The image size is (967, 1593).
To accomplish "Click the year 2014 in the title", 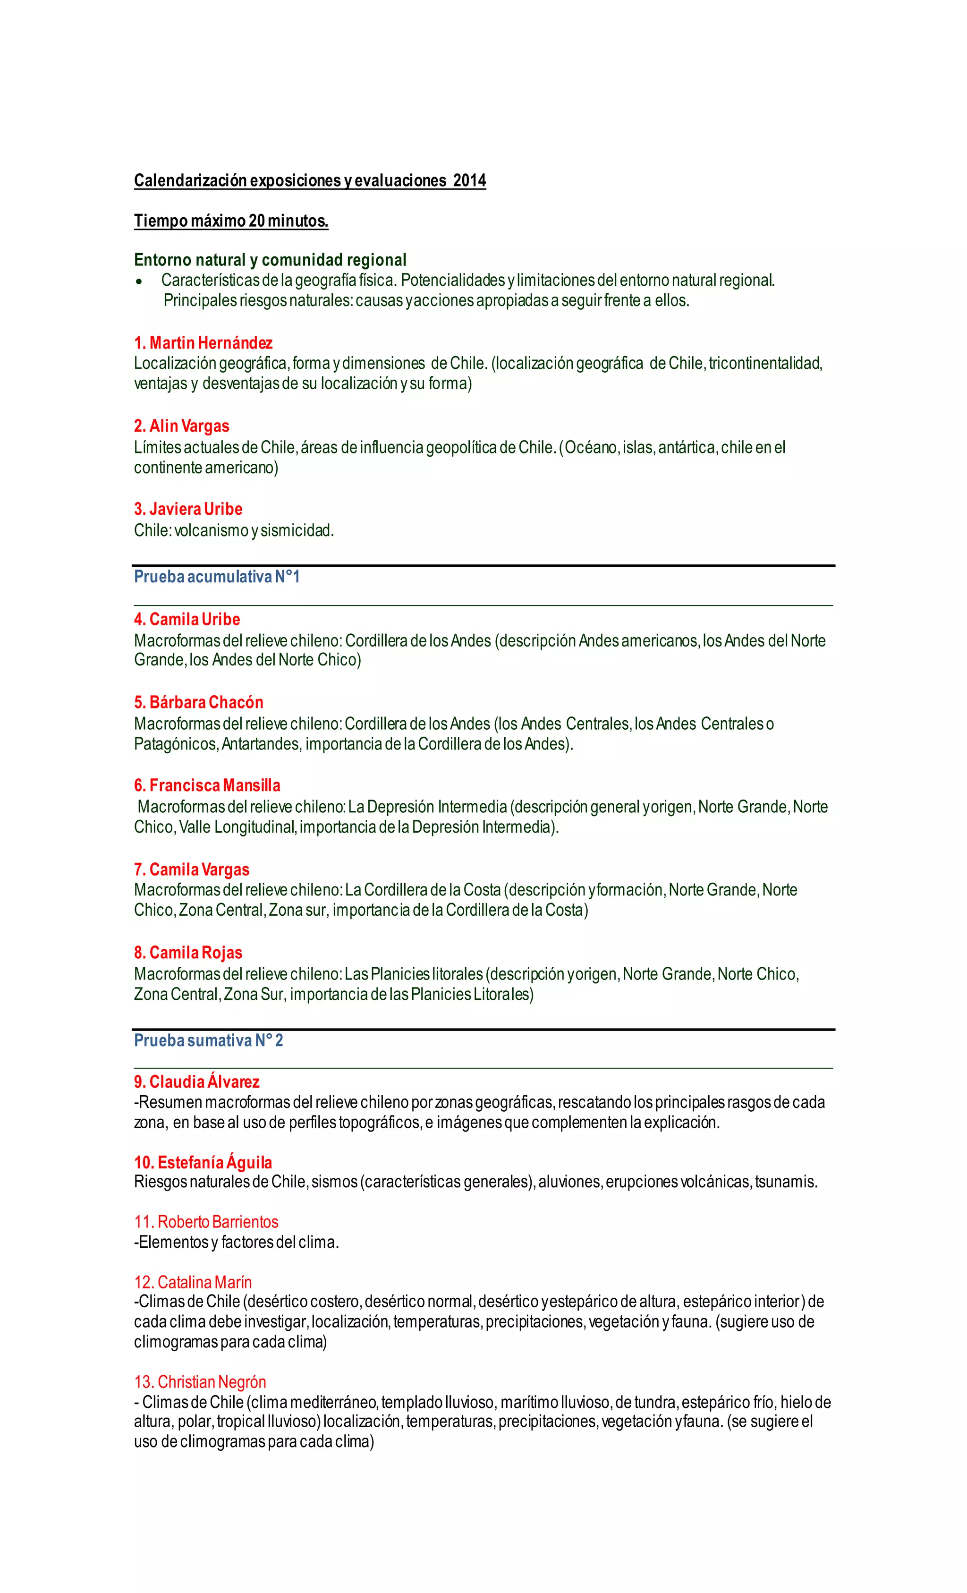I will click(x=469, y=180).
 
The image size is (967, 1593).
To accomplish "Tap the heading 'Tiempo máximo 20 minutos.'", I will click(x=231, y=221).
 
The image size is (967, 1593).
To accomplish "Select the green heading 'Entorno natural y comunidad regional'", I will click(x=270, y=260).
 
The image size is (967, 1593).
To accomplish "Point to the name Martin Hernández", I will click(x=211, y=343).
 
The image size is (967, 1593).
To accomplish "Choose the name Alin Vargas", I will click(x=189, y=426).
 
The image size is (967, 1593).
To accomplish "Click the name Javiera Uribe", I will click(x=196, y=509).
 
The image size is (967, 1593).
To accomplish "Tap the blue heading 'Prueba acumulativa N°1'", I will click(x=217, y=577).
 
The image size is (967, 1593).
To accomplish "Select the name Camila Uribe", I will click(x=195, y=619).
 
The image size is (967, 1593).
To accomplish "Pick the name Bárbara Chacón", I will click(x=206, y=702).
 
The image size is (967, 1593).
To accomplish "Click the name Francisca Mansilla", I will click(x=215, y=785).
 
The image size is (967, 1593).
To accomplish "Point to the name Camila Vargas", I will click(x=199, y=869).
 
